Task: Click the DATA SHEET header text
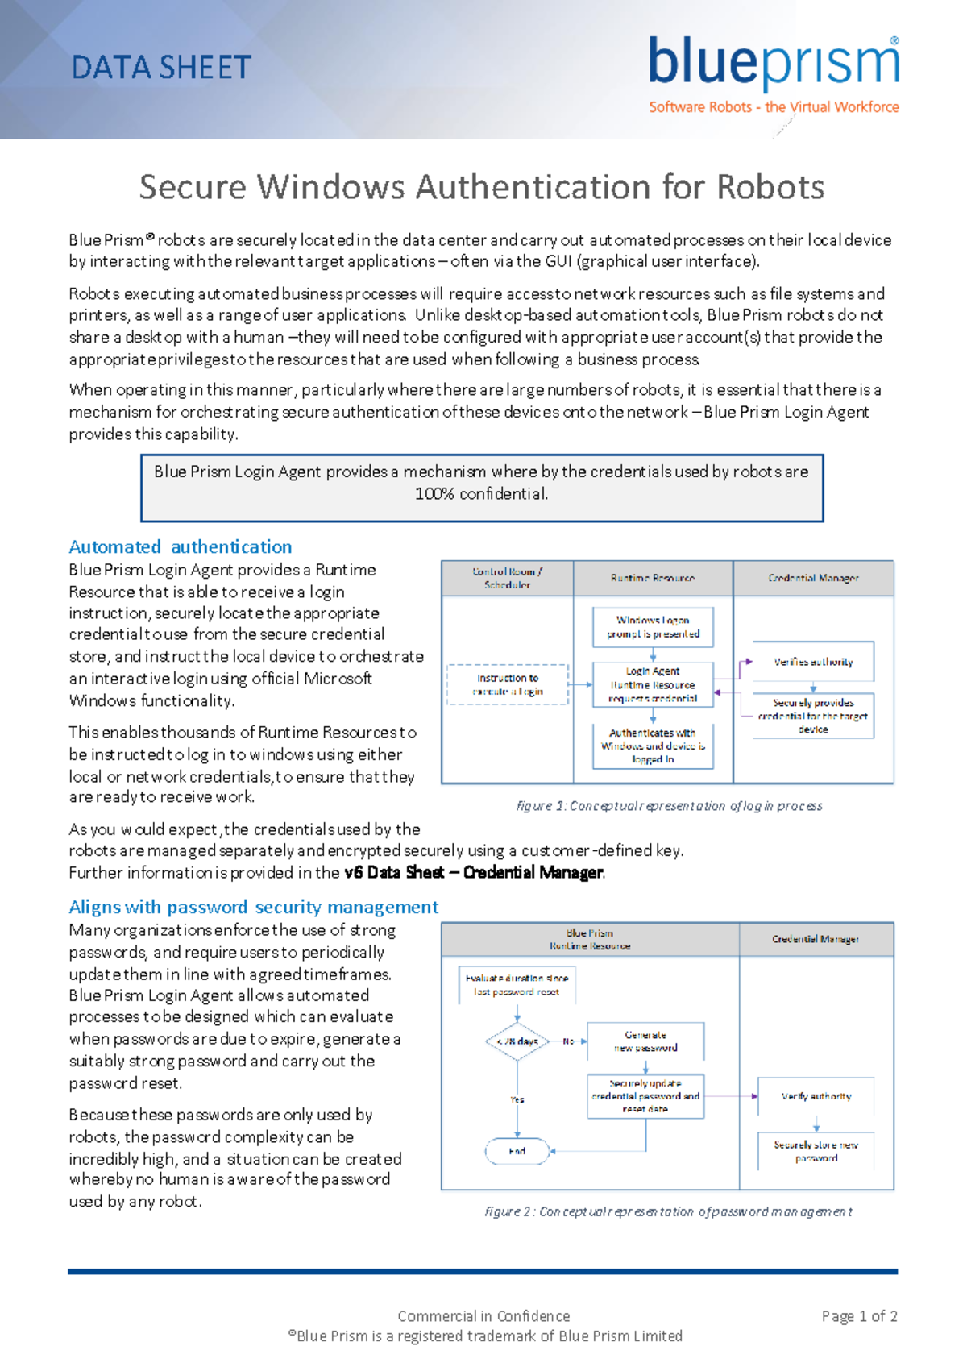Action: (x=161, y=68)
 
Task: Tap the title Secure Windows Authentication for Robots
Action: (x=482, y=187)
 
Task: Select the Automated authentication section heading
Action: (x=181, y=546)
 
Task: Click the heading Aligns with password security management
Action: (x=253, y=907)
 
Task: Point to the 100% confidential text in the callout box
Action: (x=481, y=493)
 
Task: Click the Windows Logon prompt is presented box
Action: (x=653, y=627)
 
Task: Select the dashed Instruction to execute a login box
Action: (x=508, y=684)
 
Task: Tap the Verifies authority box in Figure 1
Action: (x=813, y=662)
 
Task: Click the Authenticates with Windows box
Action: (x=653, y=746)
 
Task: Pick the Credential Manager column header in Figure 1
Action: (x=813, y=578)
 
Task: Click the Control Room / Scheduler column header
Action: (x=508, y=578)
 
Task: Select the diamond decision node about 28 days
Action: (x=517, y=1041)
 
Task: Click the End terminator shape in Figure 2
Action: (x=517, y=1151)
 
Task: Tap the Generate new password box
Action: (x=645, y=1041)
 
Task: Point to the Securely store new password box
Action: (x=816, y=1151)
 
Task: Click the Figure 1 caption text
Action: (x=669, y=805)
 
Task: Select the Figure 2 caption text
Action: (x=668, y=1211)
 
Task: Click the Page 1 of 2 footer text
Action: (x=859, y=1316)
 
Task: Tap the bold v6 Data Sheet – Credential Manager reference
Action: (x=474, y=872)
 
